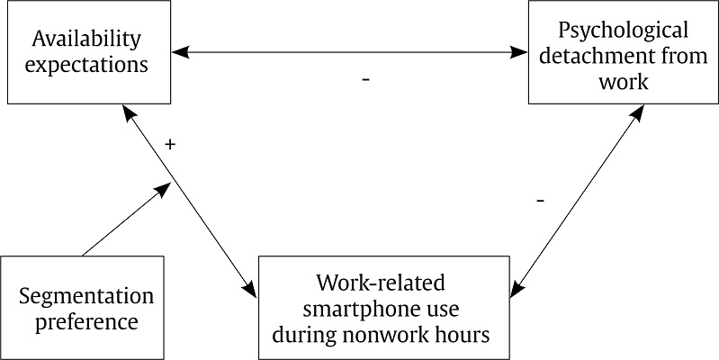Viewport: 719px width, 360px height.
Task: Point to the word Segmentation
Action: pos(86,296)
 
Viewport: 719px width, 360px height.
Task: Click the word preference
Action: pos(86,321)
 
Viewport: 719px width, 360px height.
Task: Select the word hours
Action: pos(464,337)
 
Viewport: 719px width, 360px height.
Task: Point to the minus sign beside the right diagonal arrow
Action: pos(540,200)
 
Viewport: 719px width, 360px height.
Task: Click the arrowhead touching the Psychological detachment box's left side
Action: pos(521,55)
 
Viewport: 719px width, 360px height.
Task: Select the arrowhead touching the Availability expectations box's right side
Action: pos(180,55)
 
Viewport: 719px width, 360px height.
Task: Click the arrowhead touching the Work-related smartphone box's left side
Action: pos(250,291)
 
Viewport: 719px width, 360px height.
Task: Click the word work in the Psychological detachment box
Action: pos(623,82)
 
